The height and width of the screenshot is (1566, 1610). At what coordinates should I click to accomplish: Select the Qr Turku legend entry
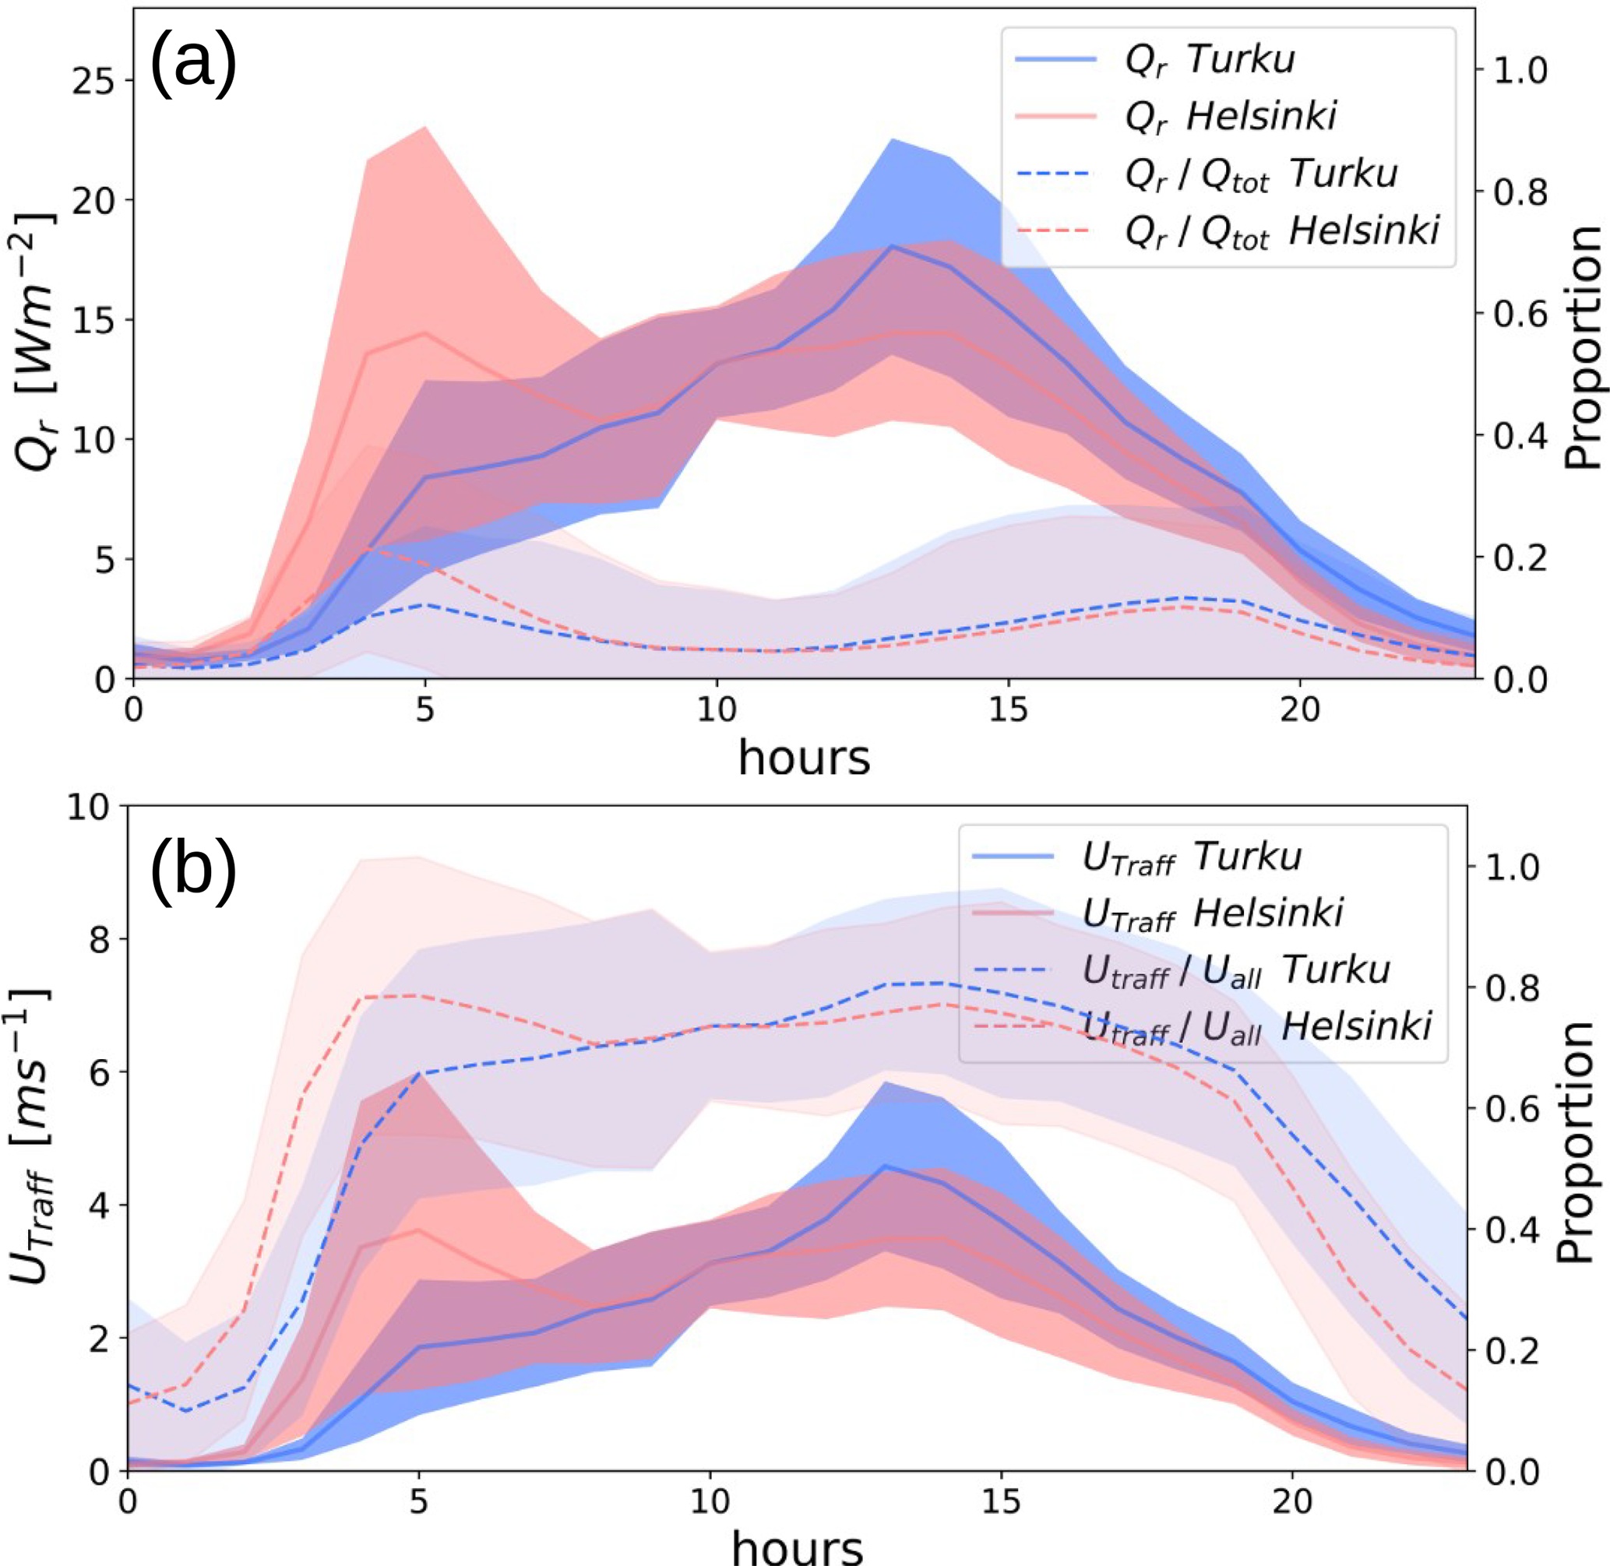[1210, 59]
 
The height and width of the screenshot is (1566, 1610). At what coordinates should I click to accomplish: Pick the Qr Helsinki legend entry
[1230, 117]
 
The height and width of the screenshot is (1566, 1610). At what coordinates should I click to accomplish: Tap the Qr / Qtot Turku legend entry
[1260, 175]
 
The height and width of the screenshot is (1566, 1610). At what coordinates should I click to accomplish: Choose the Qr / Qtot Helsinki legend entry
[1281, 232]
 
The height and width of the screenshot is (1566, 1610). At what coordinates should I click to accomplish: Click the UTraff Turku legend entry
[1191, 857]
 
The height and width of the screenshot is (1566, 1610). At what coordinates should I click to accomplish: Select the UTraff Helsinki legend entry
[1212, 913]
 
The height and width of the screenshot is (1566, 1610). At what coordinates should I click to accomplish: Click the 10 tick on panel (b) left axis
[87, 807]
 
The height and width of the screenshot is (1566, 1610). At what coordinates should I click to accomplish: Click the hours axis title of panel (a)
[803, 758]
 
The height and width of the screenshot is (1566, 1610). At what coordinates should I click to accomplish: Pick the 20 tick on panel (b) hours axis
[1292, 1502]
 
